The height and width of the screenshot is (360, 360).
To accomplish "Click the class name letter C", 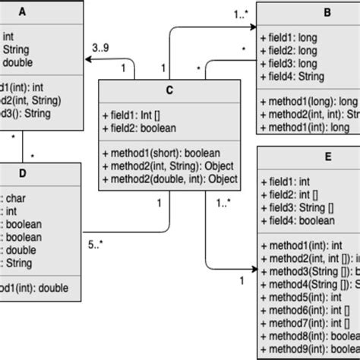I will coord(169,90).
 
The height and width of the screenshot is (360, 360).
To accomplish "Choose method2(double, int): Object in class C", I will coord(169,180).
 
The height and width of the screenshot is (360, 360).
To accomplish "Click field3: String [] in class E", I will coord(300,207).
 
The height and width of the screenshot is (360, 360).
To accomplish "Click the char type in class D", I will coord(15,194).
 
